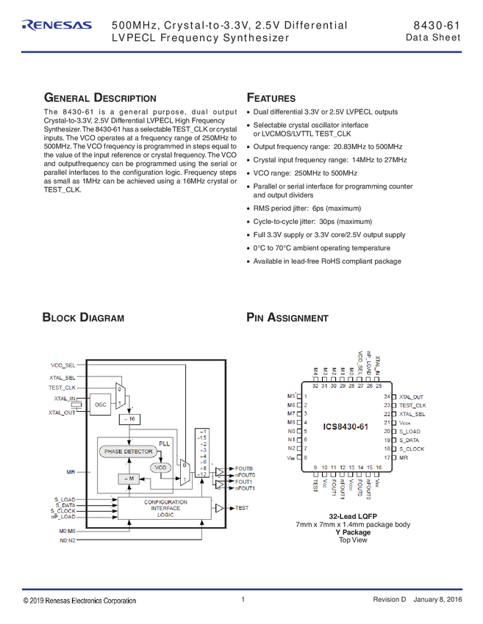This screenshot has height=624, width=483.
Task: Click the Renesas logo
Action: click(x=57, y=26)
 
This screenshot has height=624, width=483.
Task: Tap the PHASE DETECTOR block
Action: click(x=128, y=451)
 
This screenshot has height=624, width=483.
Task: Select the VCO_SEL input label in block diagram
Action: click(x=63, y=365)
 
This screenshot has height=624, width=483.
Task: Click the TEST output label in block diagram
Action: click(x=243, y=508)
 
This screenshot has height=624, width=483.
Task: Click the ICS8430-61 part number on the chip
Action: click(x=345, y=427)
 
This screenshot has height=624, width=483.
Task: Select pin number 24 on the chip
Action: click(x=386, y=396)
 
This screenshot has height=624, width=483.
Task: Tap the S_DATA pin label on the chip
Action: click(x=409, y=440)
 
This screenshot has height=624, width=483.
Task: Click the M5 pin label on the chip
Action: click(x=290, y=396)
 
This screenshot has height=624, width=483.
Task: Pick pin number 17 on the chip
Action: click(x=386, y=457)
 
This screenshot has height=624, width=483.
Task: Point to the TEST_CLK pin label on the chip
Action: click(x=412, y=405)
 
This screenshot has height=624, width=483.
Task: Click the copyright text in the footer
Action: click(x=79, y=601)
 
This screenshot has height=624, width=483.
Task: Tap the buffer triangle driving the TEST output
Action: click(x=219, y=508)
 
